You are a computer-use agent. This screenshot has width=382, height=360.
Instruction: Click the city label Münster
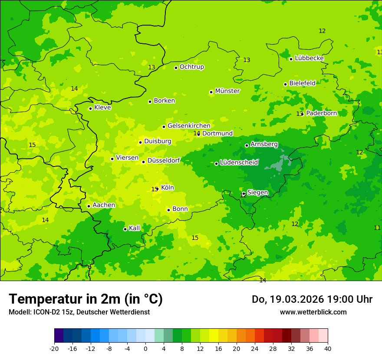click(227, 91)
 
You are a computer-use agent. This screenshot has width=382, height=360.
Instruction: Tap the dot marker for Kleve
click(90, 108)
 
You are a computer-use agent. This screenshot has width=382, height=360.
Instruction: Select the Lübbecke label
click(309, 58)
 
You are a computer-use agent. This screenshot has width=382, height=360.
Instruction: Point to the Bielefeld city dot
click(285, 84)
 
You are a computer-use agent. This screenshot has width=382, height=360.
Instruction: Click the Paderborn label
click(321, 113)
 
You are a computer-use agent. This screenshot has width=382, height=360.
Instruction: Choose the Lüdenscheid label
click(239, 163)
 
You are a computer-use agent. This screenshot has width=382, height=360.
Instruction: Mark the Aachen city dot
click(89, 206)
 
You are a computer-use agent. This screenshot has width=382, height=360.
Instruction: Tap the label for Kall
click(134, 228)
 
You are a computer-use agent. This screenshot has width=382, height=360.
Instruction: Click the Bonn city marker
click(168, 210)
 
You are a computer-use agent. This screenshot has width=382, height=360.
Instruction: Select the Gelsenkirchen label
click(189, 126)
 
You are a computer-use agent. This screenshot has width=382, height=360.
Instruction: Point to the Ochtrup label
click(191, 67)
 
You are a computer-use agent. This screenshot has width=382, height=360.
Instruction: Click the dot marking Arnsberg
click(247, 145)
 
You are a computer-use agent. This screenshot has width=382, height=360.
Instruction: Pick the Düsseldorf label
click(163, 160)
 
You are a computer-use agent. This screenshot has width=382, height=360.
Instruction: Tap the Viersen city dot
click(112, 159)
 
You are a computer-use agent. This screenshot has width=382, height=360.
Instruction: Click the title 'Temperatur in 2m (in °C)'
click(86, 299)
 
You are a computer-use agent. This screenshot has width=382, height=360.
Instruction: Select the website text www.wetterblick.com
click(313, 312)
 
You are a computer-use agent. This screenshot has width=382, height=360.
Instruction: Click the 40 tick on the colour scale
click(327, 348)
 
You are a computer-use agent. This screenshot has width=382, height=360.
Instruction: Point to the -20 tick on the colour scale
click(54, 348)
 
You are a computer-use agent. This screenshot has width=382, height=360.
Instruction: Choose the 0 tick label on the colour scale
click(145, 348)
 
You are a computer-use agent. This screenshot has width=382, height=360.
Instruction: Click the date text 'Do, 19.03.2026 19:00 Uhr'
click(312, 299)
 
